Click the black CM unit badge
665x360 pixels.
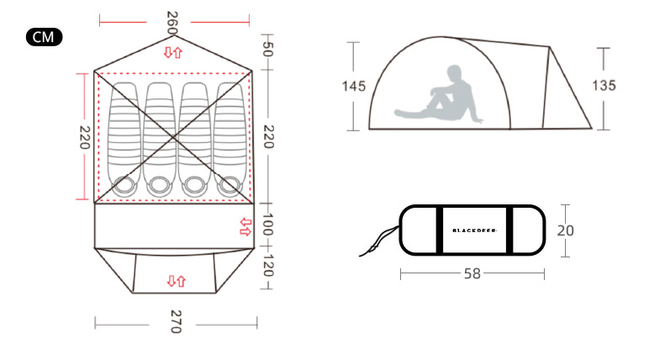(x=44, y=37)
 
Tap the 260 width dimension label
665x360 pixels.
(x=172, y=23)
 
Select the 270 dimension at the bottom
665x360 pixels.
(x=176, y=321)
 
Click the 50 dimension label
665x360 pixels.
(x=267, y=49)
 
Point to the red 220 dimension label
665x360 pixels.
(x=85, y=137)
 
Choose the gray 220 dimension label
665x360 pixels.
(x=269, y=137)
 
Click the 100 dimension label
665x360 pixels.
(x=267, y=224)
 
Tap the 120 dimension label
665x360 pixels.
(x=268, y=265)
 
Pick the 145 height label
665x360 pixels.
(x=354, y=86)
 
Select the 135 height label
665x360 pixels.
(x=604, y=85)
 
